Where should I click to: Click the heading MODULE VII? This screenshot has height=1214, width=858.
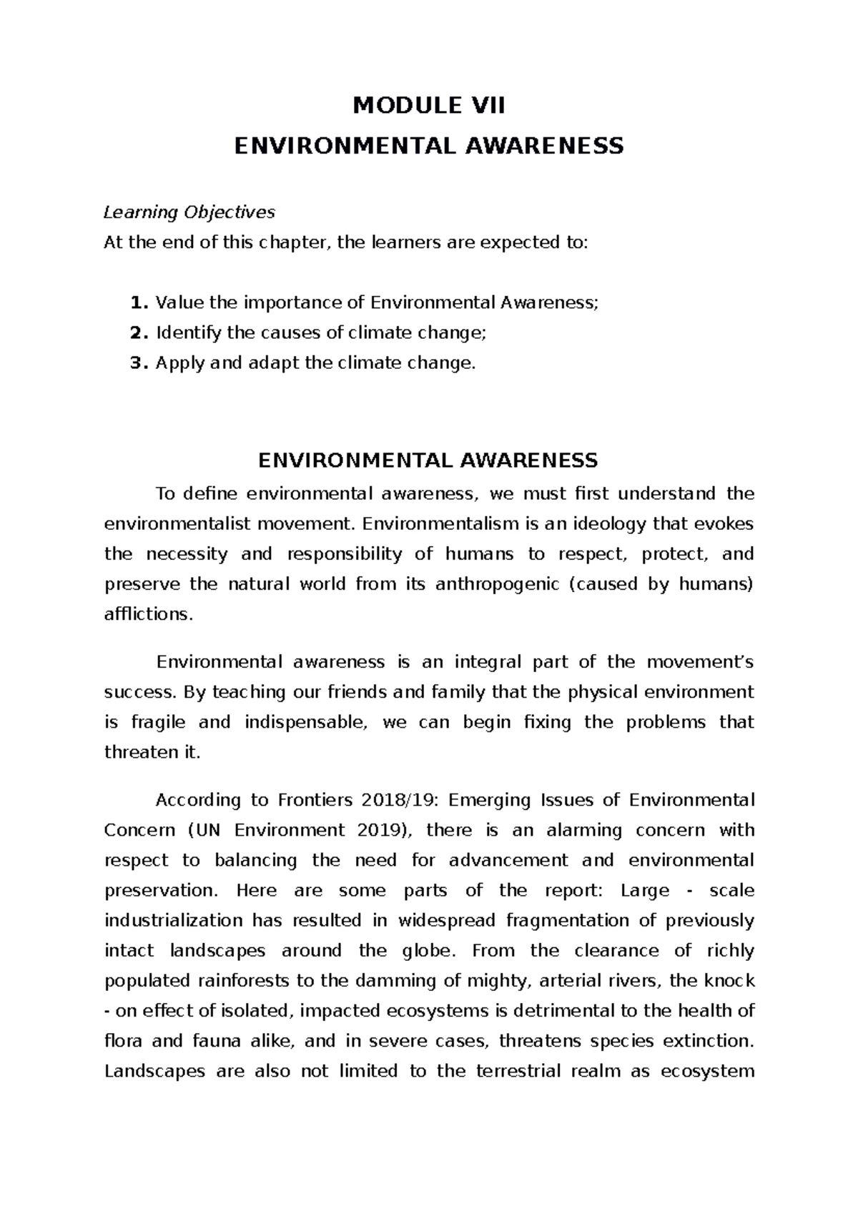pyautogui.click(x=429, y=107)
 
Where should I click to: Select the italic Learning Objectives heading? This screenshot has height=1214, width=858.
pyautogui.click(x=189, y=212)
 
